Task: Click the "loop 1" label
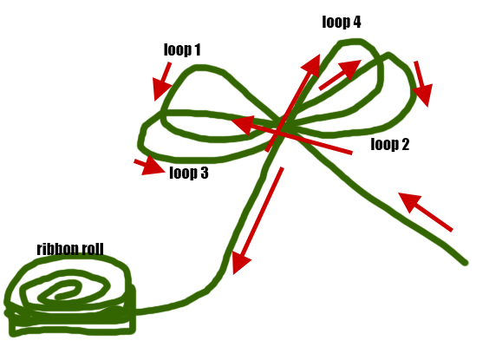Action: point(182,49)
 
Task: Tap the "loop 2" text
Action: point(390,144)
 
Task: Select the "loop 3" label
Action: point(189,173)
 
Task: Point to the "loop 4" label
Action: point(342,22)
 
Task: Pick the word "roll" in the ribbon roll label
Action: point(93,249)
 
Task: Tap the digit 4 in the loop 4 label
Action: point(356,22)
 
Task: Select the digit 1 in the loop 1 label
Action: point(197,49)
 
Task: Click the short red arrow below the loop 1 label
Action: point(163,82)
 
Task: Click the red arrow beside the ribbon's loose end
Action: point(425,212)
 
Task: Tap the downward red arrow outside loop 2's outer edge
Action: point(422,83)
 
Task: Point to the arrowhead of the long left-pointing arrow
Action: point(243,125)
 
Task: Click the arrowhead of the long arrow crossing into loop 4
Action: point(313,65)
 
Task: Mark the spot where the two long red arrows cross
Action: point(278,132)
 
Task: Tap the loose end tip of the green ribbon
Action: point(466,263)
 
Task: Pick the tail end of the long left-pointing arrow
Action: point(352,153)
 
